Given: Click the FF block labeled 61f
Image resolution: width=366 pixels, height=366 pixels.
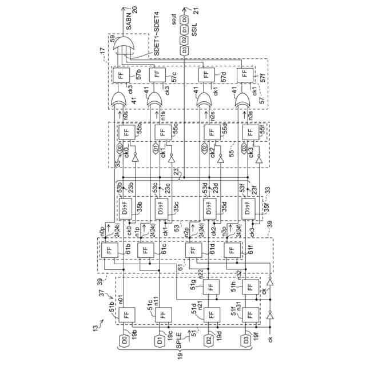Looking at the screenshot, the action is (230, 250).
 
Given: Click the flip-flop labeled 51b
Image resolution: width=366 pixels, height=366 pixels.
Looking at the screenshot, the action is (125, 315).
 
